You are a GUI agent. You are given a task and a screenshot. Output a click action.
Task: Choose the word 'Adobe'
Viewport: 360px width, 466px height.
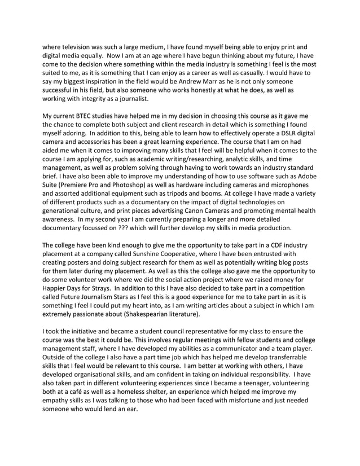pyautogui.click(x=305, y=182)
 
